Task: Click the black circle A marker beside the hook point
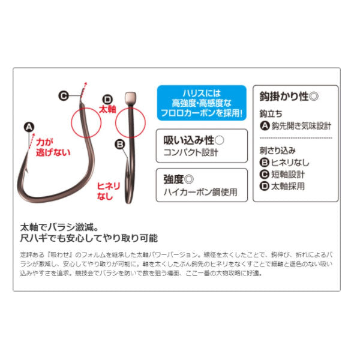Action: [x=29, y=127]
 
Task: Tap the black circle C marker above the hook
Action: [x=64, y=96]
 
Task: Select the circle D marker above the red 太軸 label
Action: [x=107, y=100]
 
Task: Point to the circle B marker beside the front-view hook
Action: [x=120, y=145]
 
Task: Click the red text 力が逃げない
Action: [x=53, y=148]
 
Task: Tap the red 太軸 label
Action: [x=107, y=110]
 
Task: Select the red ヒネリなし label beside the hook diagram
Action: [x=109, y=191]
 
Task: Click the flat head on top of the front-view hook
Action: [x=131, y=98]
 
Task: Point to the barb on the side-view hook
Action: [x=26, y=170]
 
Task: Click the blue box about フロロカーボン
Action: [x=202, y=103]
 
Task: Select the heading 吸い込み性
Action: [x=189, y=140]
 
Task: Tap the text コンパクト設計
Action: [x=191, y=152]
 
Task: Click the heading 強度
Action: [x=173, y=179]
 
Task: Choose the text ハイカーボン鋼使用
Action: [x=200, y=192]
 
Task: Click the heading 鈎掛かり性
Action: [x=284, y=96]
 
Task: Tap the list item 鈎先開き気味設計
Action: [x=301, y=126]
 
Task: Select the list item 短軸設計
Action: [x=288, y=175]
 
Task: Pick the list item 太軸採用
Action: [x=288, y=186]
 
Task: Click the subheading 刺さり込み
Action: [x=278, y=151]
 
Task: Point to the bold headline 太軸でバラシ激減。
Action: [x=59, y=227]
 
